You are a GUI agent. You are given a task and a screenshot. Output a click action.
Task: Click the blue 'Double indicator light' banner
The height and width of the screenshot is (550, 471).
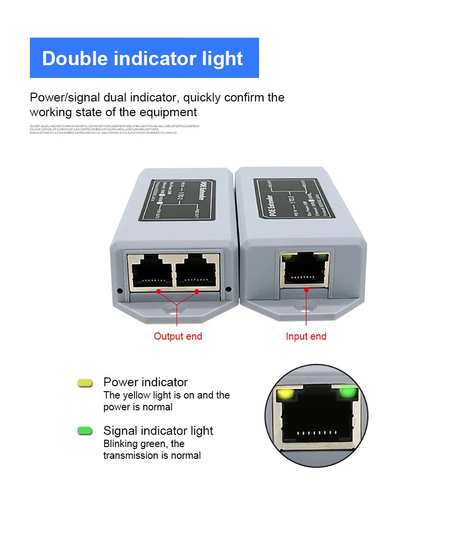pyautogui.click(x=144, y=58)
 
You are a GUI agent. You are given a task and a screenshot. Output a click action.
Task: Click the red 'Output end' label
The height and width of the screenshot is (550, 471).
pyautogui.click(x=178, y=336)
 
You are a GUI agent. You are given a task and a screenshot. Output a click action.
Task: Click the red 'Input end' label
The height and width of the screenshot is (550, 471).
pyautogui.click(x=306, y=336)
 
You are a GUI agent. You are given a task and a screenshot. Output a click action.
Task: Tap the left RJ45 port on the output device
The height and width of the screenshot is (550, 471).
pyautogui.click(x=151, y=273)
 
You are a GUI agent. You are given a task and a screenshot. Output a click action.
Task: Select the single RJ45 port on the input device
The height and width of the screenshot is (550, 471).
pyautogui.click(x=305, y=270)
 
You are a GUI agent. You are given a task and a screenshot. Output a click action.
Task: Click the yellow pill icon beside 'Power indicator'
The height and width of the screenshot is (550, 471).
pyautogui.click(x=85, y=383)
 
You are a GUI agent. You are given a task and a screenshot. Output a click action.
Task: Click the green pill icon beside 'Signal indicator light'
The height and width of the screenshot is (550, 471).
pyautogui.click(x=85, y=431)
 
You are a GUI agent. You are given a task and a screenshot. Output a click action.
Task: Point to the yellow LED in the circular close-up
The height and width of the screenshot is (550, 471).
pyautogui.click(x=284, y=394)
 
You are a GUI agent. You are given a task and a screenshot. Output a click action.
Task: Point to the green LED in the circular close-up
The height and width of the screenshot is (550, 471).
pyautogui.click(x=348, y=392)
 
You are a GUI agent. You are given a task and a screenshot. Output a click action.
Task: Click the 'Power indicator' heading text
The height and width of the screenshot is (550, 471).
pyautogui.click(x=145, y=382)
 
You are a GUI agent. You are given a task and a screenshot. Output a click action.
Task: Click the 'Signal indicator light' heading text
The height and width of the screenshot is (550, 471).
pyautogui.click(x=158, y=431)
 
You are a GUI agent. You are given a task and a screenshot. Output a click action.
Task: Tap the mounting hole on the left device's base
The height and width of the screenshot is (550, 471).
pyautogui.click(x=175, y=309)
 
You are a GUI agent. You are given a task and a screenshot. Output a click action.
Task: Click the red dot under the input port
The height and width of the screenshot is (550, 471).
pyautogui.click(x=306, y=290)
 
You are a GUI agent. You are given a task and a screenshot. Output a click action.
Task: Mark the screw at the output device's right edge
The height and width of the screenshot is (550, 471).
pyautogui.click(x=228, y=289)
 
